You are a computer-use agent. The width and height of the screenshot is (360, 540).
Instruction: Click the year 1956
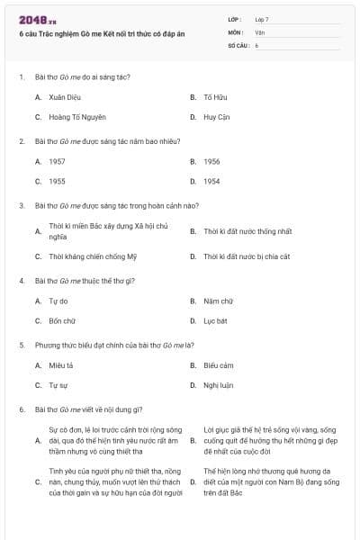211,161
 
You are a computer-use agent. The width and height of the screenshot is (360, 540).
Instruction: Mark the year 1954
211,181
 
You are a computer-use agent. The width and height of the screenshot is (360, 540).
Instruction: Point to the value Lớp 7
262,19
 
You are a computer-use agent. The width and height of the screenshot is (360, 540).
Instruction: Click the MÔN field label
236,31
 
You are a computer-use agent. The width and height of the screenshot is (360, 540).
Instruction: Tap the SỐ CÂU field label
238,44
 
